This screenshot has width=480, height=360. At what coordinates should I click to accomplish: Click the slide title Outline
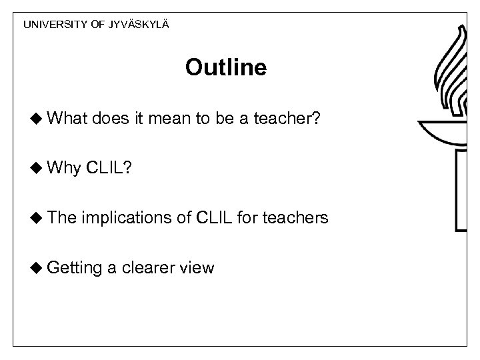point(226,67)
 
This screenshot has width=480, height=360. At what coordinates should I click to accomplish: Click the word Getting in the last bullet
point(75,267)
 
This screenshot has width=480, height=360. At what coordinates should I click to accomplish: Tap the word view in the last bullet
point(197,267)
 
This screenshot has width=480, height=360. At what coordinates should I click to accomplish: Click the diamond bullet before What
point(37,119)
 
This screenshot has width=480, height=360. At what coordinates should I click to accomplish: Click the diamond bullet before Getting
point(37,267)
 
